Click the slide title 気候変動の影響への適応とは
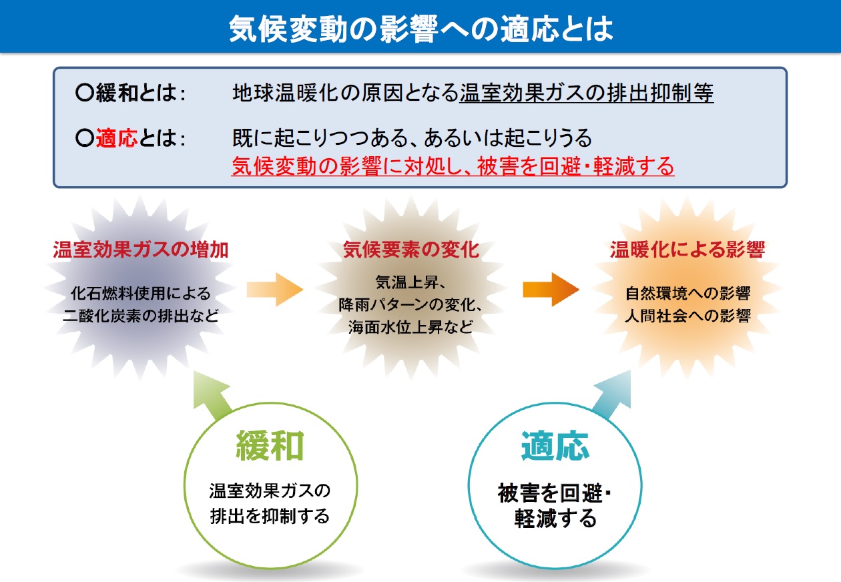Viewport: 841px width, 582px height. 421,29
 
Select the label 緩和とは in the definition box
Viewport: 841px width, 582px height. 136,93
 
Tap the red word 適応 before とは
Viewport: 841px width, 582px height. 117,138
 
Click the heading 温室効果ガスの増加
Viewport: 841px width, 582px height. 140,250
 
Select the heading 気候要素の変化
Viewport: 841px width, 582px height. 411,250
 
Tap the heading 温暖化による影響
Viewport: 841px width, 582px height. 687,250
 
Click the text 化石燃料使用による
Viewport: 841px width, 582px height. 141,293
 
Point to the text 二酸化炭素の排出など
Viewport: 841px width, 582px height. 141,316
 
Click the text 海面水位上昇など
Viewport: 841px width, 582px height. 410,327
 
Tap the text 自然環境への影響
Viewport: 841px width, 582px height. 687,293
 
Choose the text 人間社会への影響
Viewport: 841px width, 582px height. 687,316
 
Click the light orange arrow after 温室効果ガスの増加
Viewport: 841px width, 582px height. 275,290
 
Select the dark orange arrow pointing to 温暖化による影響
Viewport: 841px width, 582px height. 551,290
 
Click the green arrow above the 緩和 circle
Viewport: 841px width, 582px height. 212,395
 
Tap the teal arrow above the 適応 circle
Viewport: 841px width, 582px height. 612,395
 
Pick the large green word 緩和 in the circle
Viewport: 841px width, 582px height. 270,446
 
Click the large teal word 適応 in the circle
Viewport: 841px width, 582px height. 555,446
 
